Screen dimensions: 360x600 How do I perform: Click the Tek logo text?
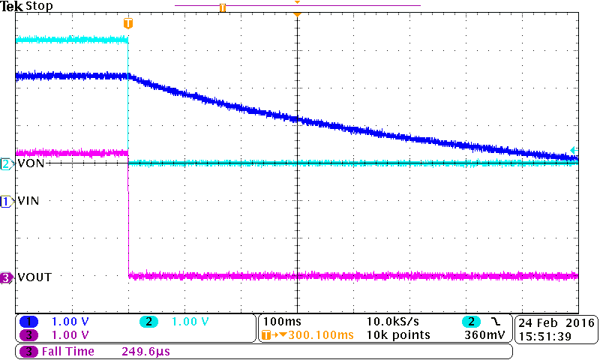click(12, 6)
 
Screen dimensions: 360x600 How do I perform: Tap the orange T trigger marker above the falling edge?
click(128, 23)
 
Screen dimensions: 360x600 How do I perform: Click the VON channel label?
click(29, 163)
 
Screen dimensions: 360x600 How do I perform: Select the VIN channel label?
click(28, 201)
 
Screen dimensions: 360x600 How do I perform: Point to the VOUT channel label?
click(34, 277)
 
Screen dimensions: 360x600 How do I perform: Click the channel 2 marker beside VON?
click(7, 163)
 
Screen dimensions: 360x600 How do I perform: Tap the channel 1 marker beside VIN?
click(7, 201)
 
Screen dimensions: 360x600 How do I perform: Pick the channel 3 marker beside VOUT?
click(7, 277)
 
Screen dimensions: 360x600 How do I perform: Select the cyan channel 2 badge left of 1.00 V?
click(148, 322)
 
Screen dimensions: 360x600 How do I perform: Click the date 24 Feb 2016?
click(555, 322)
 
